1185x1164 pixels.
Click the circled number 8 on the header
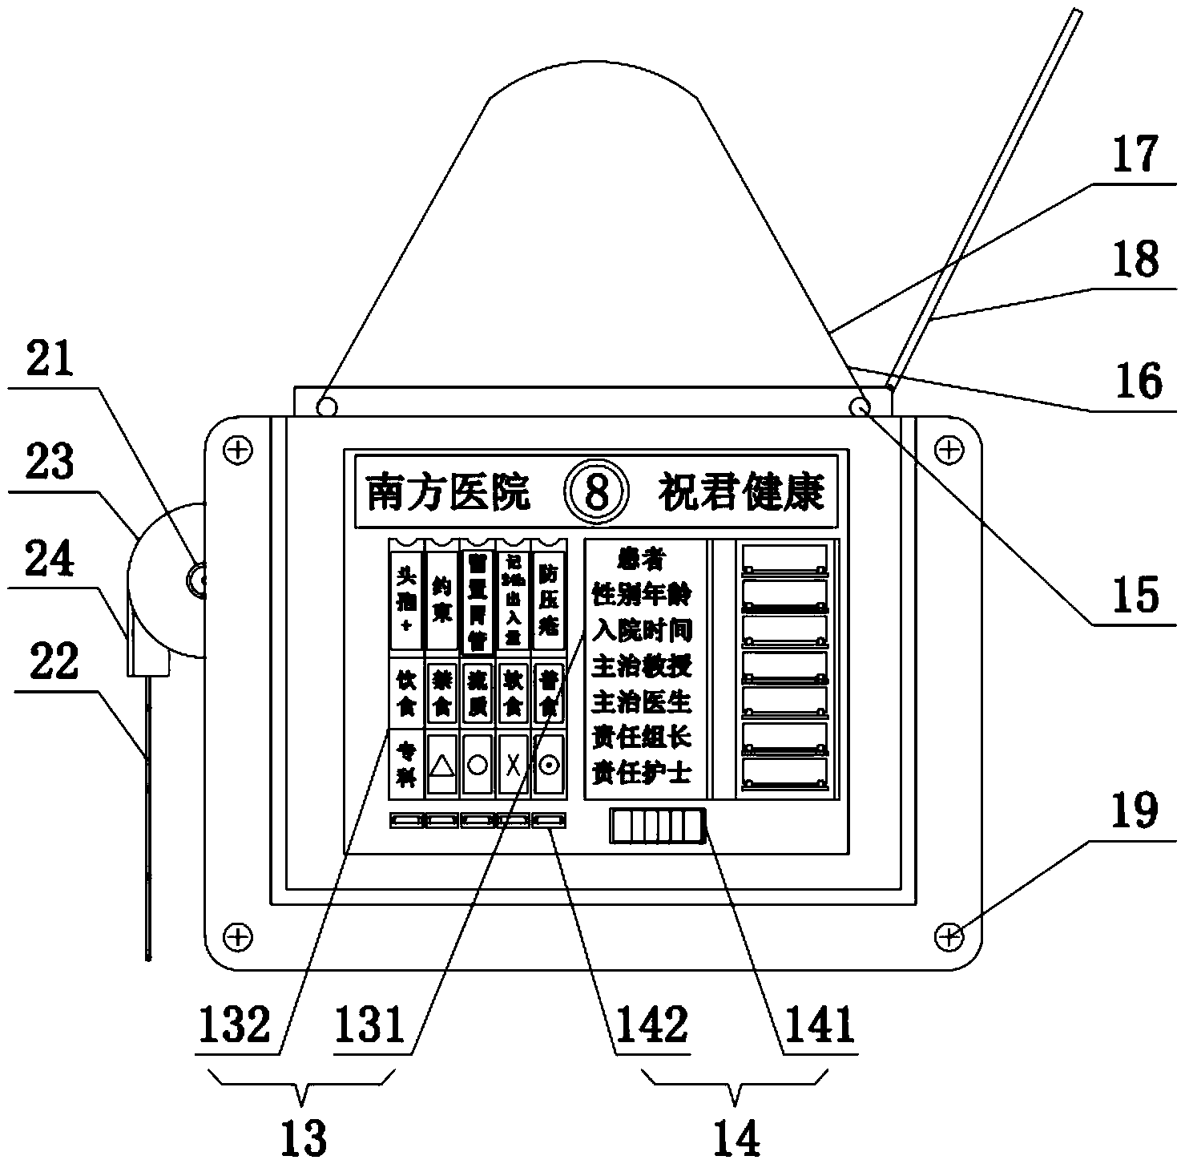click(x=594, y=492)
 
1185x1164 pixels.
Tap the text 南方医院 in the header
click(x=448, y=492)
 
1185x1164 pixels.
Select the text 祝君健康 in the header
click(x=741, y=492)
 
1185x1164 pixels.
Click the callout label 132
click(x=236, y=1025)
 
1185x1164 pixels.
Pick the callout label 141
click(x=818, y=1025)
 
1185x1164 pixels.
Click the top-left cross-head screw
click(x=236, y=450)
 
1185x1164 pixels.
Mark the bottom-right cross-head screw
click(x=949, y=935)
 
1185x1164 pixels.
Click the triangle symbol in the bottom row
click(x=442, y=765)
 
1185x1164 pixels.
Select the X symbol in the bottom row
click(x=513, y=765)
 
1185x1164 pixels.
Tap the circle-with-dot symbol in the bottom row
click(x=548, y=765)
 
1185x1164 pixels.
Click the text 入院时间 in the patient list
click(x=642, y=630)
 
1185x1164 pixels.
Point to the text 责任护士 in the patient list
click(x=642, y=773)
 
